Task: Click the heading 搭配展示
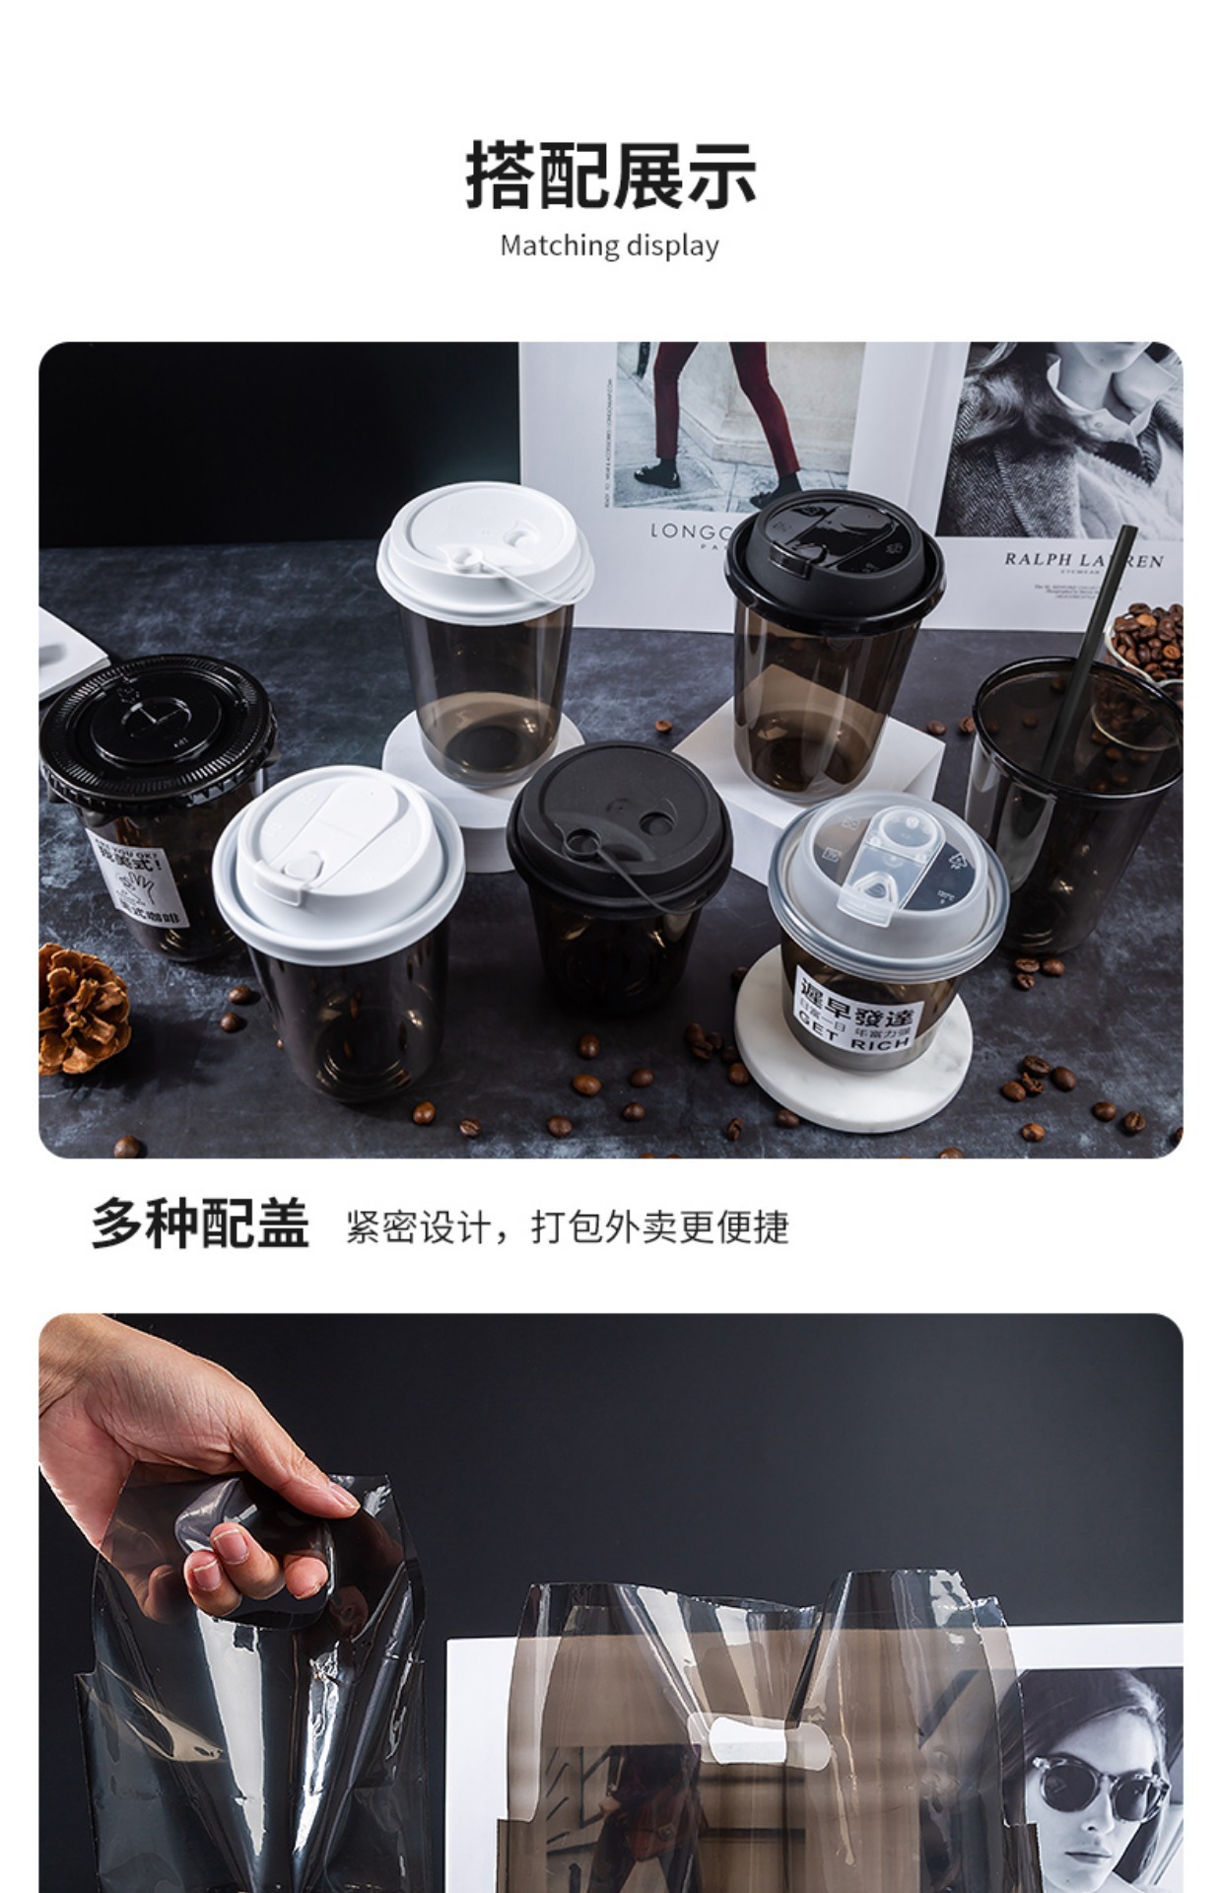tap(610, 175)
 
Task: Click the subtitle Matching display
tap(609, 245)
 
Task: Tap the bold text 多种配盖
tap(200, 1225)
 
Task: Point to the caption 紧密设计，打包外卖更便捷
tap(567, 1227)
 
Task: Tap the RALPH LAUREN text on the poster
tap(1083, 560)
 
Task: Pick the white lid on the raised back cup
tap(485, 552)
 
